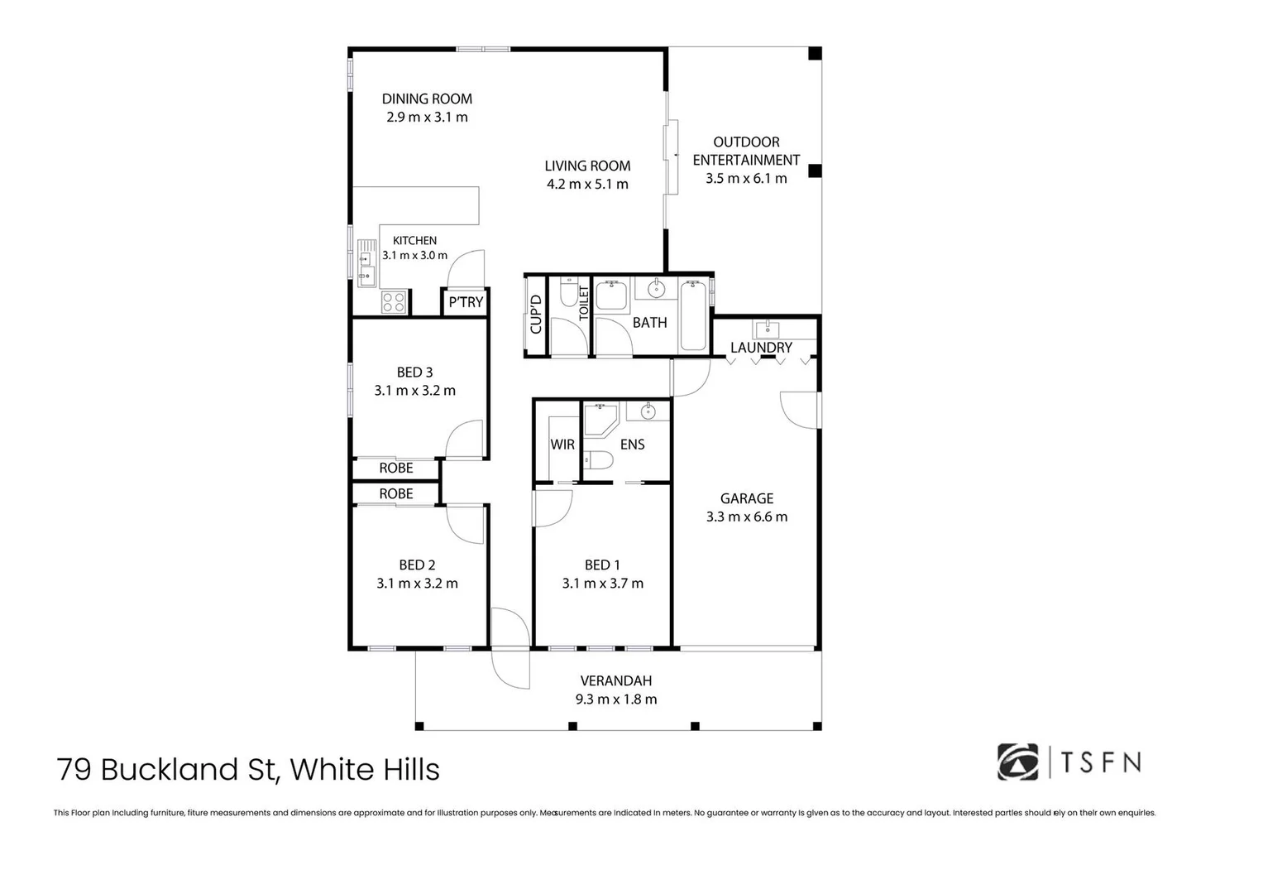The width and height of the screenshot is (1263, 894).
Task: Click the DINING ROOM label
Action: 427,99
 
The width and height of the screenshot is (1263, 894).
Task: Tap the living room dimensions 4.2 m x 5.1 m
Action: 587,184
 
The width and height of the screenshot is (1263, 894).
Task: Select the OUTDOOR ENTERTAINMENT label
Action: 746,151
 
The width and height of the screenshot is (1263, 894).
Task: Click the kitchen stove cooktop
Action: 393,302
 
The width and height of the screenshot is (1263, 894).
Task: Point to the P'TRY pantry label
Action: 466,302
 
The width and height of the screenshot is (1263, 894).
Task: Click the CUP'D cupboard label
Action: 536,315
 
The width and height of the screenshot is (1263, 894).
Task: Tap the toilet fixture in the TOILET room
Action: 569,291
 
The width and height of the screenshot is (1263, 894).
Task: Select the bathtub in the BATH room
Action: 693,316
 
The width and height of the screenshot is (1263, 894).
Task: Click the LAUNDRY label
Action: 761,348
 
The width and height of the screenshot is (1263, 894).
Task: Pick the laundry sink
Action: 767,329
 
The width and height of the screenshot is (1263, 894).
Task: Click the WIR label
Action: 562,445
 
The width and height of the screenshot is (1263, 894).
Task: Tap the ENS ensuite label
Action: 632,445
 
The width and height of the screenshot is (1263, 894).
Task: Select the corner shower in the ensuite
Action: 600,420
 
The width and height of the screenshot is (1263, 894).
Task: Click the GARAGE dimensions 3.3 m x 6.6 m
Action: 747,517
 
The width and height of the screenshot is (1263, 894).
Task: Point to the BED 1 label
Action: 602,565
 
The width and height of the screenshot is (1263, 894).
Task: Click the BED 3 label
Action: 414,372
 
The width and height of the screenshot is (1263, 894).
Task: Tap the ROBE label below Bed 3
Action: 396,468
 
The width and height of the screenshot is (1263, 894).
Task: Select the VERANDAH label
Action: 615,680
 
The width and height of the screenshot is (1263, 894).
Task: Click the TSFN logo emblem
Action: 1017,762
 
